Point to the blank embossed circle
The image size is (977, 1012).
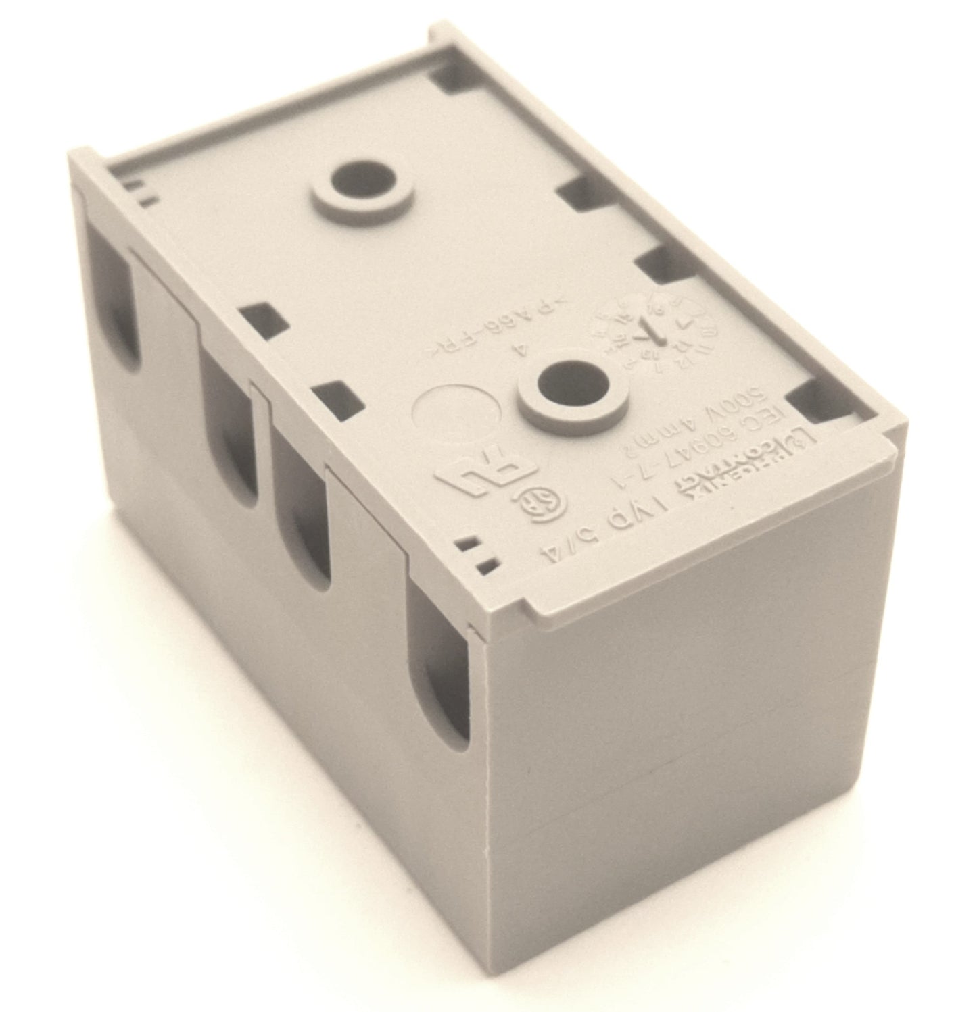click(x=458, y=415)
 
